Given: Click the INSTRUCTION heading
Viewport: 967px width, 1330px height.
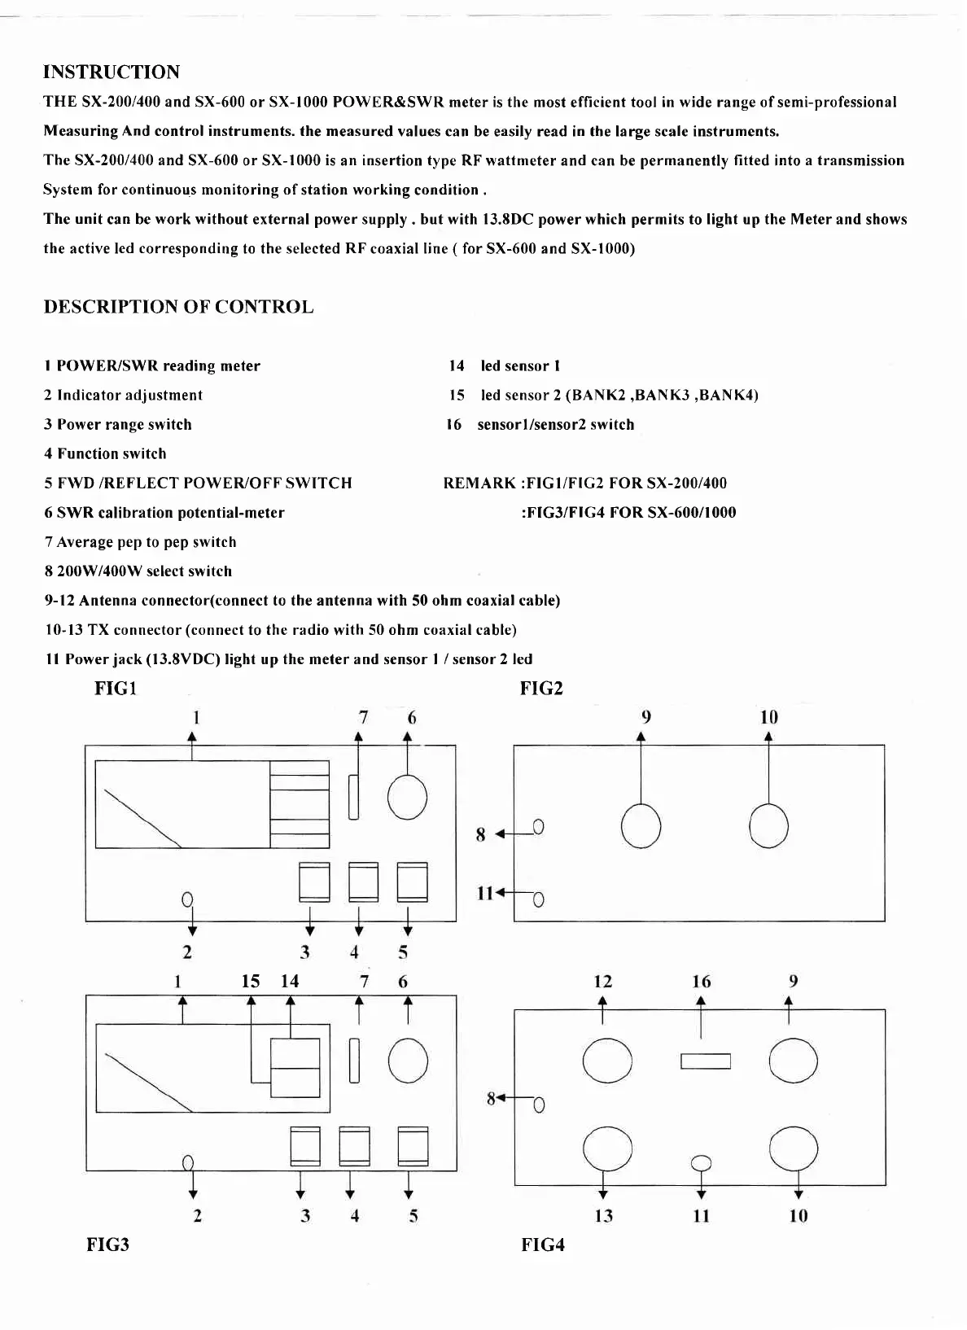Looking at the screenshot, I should [112, 72].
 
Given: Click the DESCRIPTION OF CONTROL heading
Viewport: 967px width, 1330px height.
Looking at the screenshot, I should [178, 307].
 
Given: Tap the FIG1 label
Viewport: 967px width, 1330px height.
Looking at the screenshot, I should [116, 689].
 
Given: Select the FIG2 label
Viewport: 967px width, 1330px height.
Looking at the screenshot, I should [541, 689].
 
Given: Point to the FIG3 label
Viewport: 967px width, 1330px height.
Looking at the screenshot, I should [107, 1245].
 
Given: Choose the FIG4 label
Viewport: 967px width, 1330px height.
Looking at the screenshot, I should [542, 1245].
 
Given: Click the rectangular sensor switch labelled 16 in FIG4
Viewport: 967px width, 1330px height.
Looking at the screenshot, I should [705, 1061].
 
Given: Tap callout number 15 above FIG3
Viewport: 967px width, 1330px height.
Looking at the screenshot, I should [251, 982].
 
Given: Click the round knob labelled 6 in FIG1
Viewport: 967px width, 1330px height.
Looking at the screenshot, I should [407, 797].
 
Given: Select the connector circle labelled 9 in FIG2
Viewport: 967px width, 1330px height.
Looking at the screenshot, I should [641, 825].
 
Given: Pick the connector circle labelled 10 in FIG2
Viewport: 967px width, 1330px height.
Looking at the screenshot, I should [768, 825].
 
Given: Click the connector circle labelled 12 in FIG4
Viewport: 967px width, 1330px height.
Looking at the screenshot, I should [607, 1061].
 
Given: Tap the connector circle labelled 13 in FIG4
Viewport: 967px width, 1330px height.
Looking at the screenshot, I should [607, 1148].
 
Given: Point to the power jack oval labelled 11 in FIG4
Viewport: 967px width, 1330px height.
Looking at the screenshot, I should [701, 1163].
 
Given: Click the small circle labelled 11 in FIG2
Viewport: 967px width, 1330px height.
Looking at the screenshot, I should [538, 899].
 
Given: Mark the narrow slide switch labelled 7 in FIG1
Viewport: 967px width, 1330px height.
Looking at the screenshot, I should [353, 797].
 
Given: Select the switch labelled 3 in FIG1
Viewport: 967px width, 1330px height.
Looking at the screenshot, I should [314, 882].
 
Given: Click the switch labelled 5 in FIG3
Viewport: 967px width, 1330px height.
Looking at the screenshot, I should [413, 1146].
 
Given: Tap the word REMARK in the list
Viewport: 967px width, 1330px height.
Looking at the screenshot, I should [479, 483].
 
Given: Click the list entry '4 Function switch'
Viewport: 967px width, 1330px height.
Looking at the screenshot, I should [105, 454].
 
